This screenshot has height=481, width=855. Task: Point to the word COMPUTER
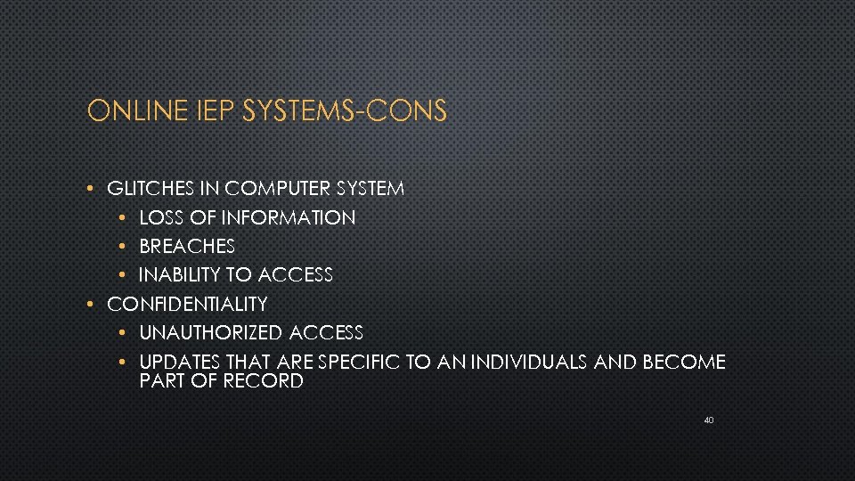point(278,188)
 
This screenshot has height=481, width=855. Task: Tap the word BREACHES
point(187,246)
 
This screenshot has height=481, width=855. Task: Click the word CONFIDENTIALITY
point(187,304)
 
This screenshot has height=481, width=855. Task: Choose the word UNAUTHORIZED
point(210,333)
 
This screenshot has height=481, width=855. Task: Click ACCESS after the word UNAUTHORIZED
point(325,333)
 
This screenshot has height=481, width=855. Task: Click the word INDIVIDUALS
point(535,362)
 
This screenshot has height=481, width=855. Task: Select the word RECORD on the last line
point(265,381)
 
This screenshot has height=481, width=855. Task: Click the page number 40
point(708,420)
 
